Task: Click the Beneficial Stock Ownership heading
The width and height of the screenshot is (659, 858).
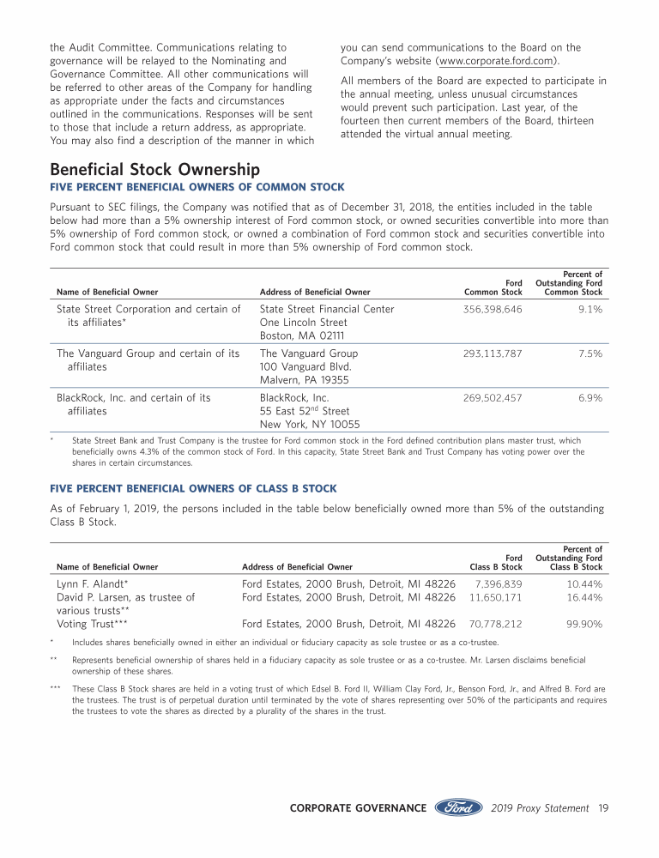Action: coord(154,170)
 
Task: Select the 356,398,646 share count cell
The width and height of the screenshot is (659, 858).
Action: coord(493,309)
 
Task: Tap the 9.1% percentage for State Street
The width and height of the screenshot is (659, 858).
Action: coord(589,309)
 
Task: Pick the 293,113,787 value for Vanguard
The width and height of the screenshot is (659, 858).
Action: coord(493,353)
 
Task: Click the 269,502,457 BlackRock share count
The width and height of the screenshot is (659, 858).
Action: coord(493,398)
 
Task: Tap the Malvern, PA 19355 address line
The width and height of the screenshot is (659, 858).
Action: coord(304,380)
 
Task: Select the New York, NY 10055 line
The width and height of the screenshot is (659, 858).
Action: coord(310,425)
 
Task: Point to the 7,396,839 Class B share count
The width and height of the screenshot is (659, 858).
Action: coord(499,583)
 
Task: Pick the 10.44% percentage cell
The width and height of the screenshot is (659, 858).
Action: coord(584,583)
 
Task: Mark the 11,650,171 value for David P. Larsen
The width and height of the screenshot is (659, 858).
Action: coord(495,597)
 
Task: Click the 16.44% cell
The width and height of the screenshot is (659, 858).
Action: coord(584,597)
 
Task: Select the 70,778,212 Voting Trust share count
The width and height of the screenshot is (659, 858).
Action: coord(495,624)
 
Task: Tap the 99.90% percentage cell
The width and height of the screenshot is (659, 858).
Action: coord(584,624)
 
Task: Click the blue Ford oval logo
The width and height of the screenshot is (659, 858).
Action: coord(460,808)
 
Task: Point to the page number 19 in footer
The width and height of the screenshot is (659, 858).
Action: coord(603,808)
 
